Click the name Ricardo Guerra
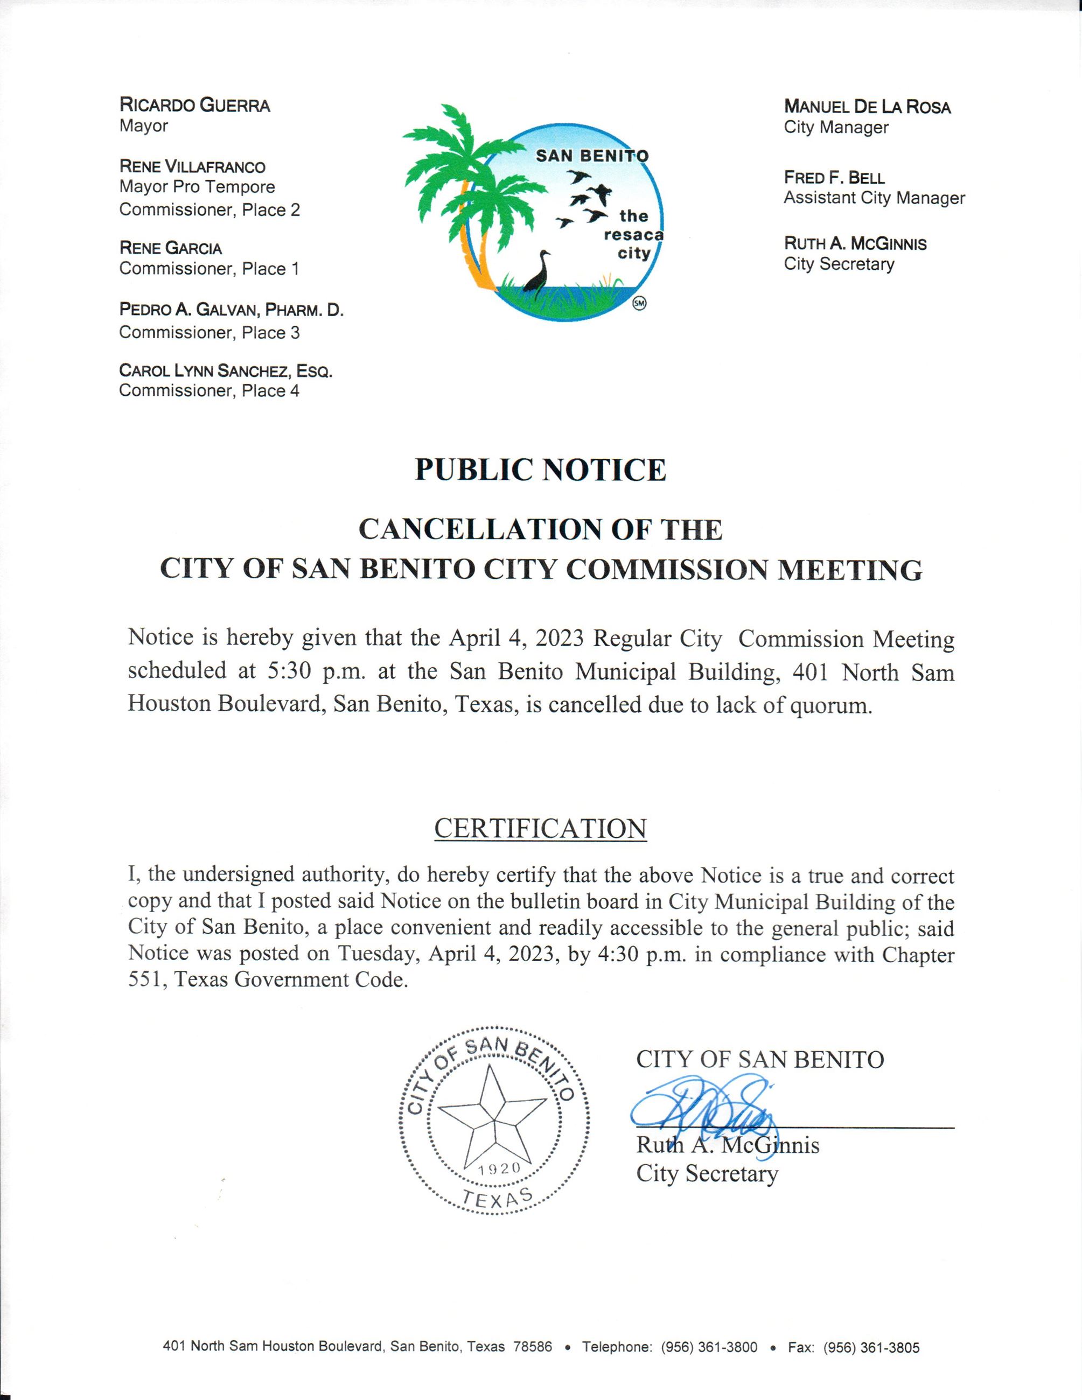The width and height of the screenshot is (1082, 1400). [194, 105]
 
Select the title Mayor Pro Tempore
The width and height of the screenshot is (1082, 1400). [197, 187]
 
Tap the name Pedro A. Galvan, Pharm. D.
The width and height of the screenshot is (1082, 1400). [232, 310]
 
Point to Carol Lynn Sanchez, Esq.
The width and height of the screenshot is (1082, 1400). [226, 370]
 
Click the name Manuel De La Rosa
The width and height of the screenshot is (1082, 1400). [867, 107]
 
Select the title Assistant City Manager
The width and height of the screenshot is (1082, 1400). [874, 198]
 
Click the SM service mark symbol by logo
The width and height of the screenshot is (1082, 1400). [639, 303]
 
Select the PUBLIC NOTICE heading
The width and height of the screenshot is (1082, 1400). [540, 470]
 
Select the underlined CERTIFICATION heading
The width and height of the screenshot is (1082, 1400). [540, 828]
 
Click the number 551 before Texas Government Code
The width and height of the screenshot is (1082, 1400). [144, 980]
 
